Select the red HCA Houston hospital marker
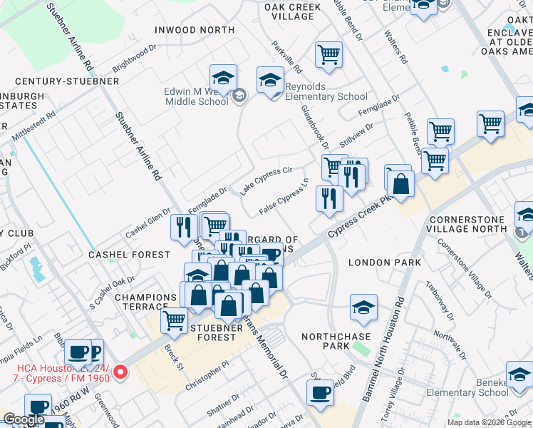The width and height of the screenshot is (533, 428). pyautogui.click(x=120, y=372)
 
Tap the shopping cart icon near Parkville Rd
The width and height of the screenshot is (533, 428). pyautogui.click(x=328, y=54)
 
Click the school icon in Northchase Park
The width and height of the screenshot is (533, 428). pyautogui.click(x=363, y=308)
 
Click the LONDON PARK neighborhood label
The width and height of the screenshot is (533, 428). pyautogui.click(x=381, y=263)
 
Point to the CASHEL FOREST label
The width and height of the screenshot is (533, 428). pyautogui.click(x=129, y=255)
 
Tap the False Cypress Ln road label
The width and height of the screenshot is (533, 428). pyautogui.click(x=283, y=198)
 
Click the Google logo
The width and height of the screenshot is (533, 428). pyautogui.click(x=24, y=419)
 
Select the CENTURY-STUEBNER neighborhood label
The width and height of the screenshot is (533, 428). pyautogui.click(x=66, y=81)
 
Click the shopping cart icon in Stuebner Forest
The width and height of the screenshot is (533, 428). pyautogui.click(x=174, y=322)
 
